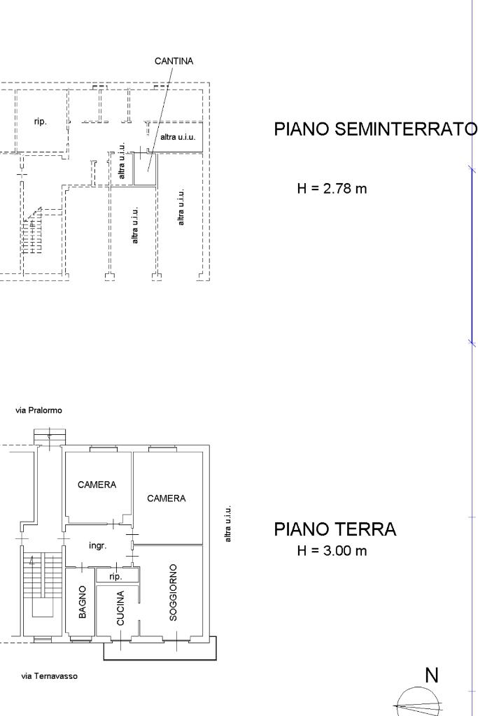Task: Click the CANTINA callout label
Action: (174, 61)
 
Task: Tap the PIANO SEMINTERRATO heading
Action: (376, 129)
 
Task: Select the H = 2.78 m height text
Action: (332, 188)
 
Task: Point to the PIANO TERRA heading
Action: (335, 529)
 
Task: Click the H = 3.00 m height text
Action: (332, 551)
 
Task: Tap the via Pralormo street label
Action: (39, 410)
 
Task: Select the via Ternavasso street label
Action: (50, 676)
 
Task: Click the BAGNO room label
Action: (83, 602)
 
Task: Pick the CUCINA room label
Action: (120, 608)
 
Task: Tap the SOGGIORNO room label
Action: (173, 592)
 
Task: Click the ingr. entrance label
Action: (98, 545)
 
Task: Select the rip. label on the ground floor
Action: (115, 577)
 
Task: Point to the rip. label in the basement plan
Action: (40, 122)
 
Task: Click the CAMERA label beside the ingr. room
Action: (97, 485)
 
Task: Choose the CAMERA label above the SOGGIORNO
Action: (167, 498)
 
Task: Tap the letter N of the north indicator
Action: (432, 675)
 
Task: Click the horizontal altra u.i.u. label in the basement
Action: (178, 137)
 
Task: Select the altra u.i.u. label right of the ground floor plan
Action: (228, 524)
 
